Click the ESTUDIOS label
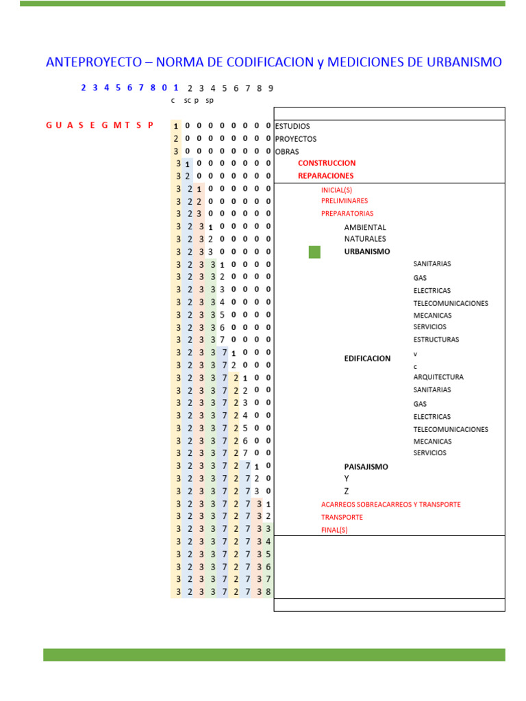coord(292,126)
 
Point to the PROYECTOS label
coord(296,139)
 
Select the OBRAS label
coord(287,151)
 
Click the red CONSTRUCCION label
coord(327,164)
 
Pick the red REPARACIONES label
coord(326,176)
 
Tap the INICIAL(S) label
coord(336,190)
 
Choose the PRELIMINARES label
coord(345,201)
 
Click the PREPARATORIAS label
coord(347,214)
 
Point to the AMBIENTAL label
coord(365,227)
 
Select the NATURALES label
coord(365,239)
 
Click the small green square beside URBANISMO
coord(314,252)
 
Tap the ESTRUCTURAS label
coord(436,340)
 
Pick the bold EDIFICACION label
coord(367,358)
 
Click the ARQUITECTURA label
coord(438,377)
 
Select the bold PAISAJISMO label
coord(366,467)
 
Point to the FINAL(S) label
coord(334,530)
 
